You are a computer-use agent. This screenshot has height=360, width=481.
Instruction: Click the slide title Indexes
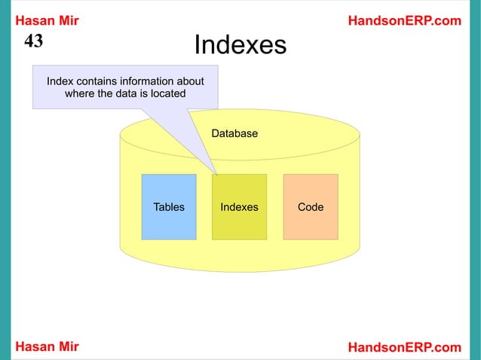click(x=240, y=46)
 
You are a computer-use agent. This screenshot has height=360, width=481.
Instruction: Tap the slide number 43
click(x=34, y=41)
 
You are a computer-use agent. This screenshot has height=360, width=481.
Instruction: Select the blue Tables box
click(x=169, y=206)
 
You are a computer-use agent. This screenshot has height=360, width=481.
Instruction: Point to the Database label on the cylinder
click(x=234, y=133)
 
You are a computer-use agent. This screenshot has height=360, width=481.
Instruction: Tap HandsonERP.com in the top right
click(x=404, y=20)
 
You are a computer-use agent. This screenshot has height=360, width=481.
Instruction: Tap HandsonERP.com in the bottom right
click(x=404, y=346)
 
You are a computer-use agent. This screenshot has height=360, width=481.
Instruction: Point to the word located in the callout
click(x=167, y=94)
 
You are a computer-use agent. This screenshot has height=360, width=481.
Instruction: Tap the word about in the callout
click(x=192, y=81)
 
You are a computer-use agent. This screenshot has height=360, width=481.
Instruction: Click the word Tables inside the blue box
click(x=169, y=206)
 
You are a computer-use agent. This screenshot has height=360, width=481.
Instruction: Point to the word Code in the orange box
click(x=311, y=206)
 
